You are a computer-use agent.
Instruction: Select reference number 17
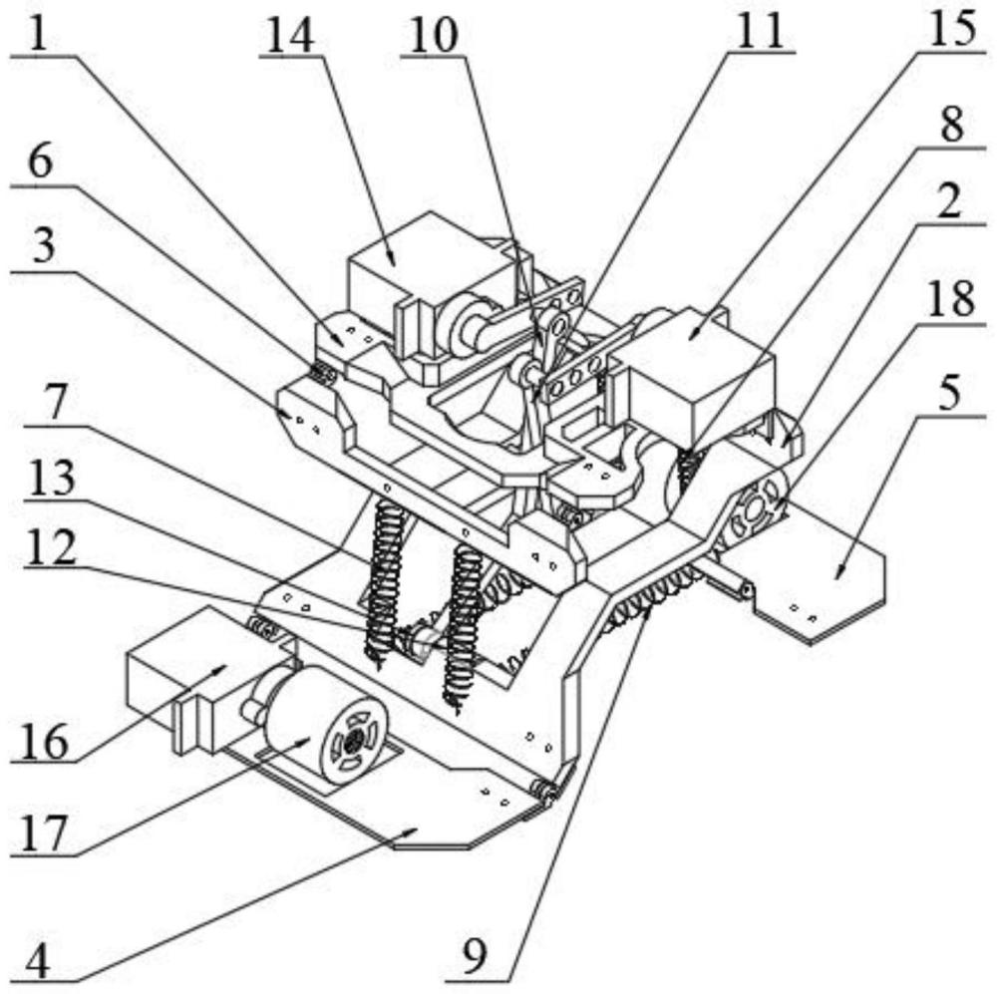(45, 832)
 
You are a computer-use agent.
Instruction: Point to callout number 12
(43, 551)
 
